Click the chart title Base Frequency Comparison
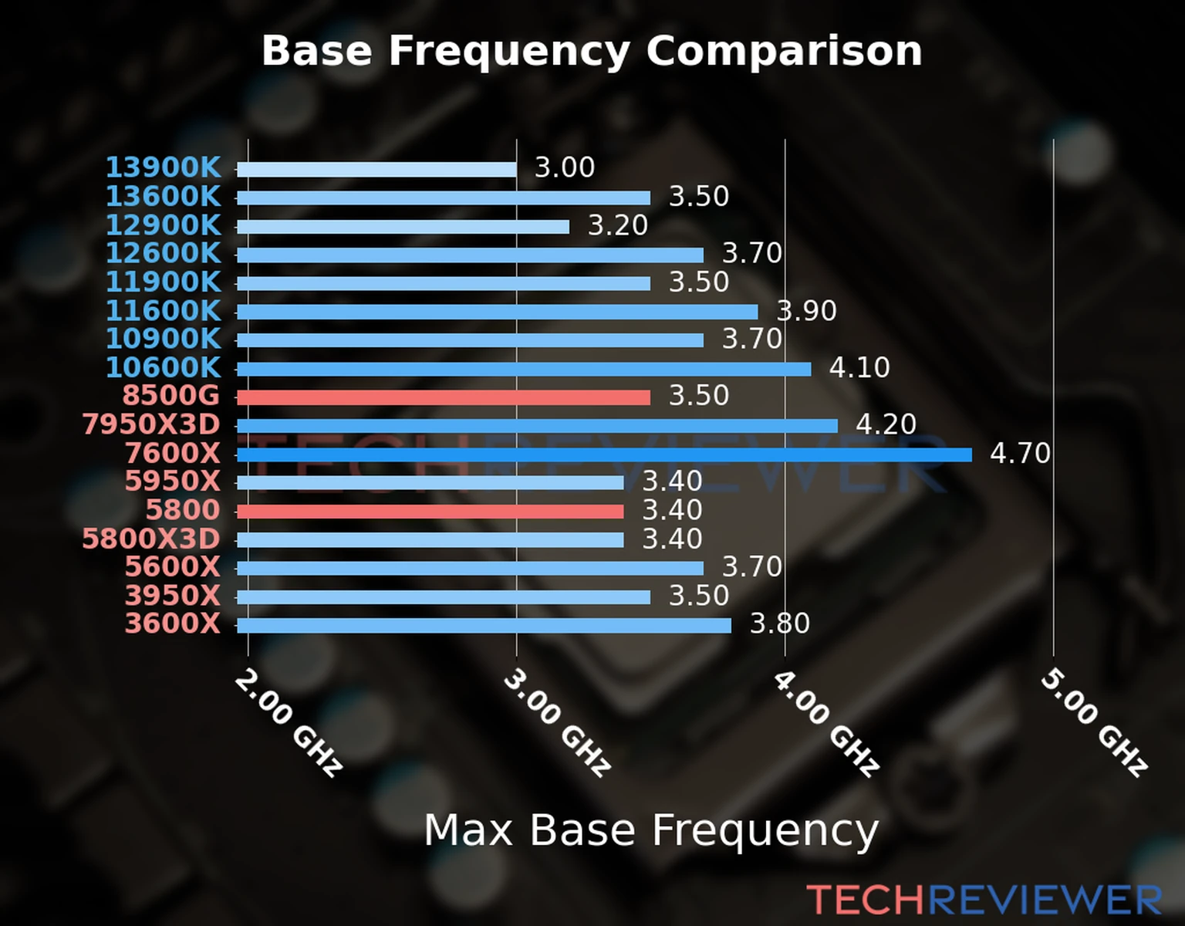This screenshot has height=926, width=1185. pyautogui.click(x=592, y=51)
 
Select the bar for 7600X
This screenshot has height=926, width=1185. pyautogui.click(x=604, y=455)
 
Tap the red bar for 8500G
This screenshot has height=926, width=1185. pyautogui.click(x=444, y=397)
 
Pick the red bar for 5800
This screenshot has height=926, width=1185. pyautogui.click(x=430, y=512)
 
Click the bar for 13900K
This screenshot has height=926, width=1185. pyautogui.click(x=376, y=170)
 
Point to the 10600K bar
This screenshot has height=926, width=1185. pyautogui.click(x=524, y=369)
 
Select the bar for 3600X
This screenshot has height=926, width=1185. pyautogui.click(x=484, y=625)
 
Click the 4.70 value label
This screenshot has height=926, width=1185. pyautogui.click(x=1020, y=454)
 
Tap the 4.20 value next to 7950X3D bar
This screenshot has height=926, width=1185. pyautogui.click(x=886, y=424)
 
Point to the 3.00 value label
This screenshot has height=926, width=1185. pyautogui.click(x=565, y=167)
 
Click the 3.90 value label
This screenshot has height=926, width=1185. pyautogui.click(x=806, y=311)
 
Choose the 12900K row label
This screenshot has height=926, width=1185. pyautogui.click(x=163, y=225)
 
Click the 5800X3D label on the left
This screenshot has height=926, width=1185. pyautogui.click(x=151, y=539)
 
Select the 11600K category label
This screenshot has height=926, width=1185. pyautogui.click(x=163, y=311)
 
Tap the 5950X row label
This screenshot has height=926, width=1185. pyautogui.click(x=172, y=482)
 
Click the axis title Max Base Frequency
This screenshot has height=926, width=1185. pyautogui.click(x=651, y=830)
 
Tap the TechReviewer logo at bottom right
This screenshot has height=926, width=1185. pyautogui.click(x=984, y=900)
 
